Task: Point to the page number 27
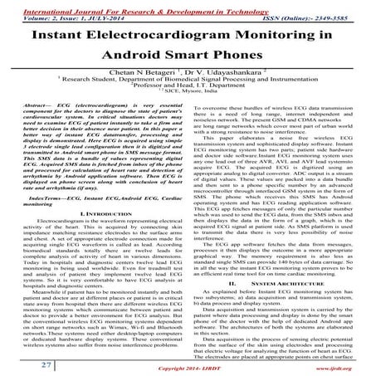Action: coord(24,364)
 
